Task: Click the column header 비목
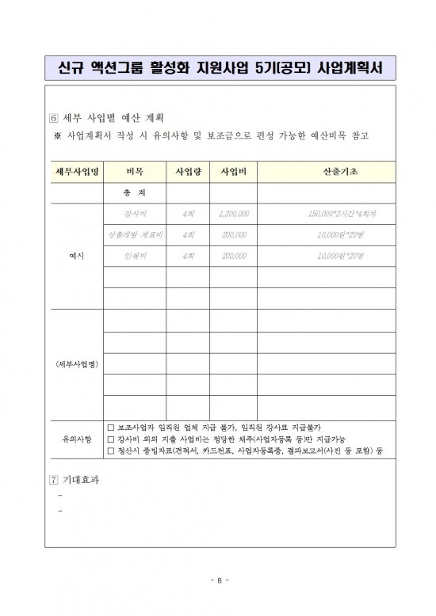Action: pyautogui.click(x=134, y=171)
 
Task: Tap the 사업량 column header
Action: pyautogui.click(x=188, y=171)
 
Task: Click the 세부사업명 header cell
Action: pyautogui.click(x=76, y=171)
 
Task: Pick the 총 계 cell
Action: pyautogui.click(x=134, y=192)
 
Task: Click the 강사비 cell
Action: pyautogui.click(x=134, y=214)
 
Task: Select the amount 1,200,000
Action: pyautogui.click(x=233, y=214)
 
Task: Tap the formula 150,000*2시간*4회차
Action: pyautogui.click(x=342, y=214)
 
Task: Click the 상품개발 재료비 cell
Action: pyautogui.click(x=134, y=235)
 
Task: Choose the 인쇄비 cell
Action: pyautogui.click(x=134, y=257)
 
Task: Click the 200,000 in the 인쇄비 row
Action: pyautogui.click(x=233, y=257)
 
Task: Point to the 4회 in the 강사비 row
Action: pyautogui.click(x=188, y=214)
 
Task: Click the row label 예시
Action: pyautogui.click(x=76, y=257)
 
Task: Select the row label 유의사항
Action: pyautogui.click(x=76, y=439)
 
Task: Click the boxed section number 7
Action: pyautogui.click(x=53, y=480)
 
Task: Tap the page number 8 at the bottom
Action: pyautogui.click(x=218, y=580)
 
